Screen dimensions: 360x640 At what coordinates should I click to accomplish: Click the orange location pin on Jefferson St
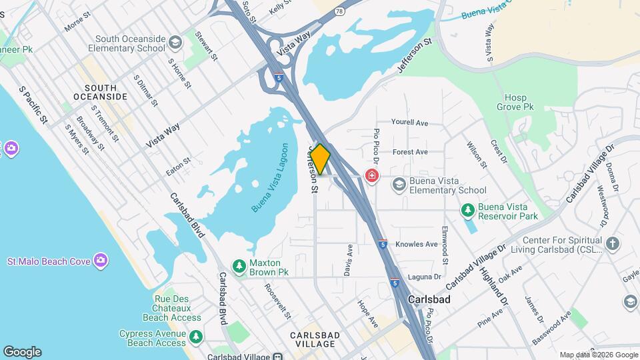pos(320,159)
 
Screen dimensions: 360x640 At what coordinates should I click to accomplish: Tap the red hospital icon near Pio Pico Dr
pos(371,176)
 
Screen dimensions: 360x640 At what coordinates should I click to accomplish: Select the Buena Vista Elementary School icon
pos(399,183)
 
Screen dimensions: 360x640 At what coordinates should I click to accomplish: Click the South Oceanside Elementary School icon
pos(175,43)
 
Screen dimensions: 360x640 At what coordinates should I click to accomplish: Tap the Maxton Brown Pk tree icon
pos(239,267)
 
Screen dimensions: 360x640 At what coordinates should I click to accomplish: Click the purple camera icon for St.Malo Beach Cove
pos(101,260)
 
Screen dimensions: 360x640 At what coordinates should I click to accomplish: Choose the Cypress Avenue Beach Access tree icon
pos(195,337)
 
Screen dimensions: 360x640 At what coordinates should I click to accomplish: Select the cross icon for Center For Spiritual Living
pos(613,244)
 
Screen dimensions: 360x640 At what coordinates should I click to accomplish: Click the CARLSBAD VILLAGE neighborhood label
pos(313,339)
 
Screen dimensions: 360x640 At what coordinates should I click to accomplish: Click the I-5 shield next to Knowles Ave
pos(383,244)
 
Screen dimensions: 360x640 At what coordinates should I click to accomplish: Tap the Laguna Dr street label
pos(428,277)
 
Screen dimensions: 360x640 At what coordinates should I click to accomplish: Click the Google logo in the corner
pos(22,351)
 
